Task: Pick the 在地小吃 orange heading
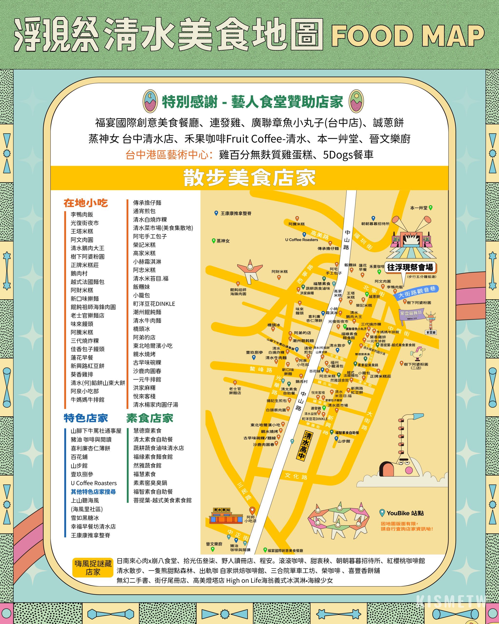pos(86,203)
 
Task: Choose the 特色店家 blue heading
pos(86,418)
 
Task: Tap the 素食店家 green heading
pos(150,418)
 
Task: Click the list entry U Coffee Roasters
pos(94,483)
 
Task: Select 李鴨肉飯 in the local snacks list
pos(82,214)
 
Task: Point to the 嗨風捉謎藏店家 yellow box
pos(93,567)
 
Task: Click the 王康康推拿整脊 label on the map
pos(236,213)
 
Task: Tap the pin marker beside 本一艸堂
pos(431,207)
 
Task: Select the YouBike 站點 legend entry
pos(405,513)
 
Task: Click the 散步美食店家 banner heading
pos(249,178)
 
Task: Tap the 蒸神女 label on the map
pos(223,241)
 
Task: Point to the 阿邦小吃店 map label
pos(250,519)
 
